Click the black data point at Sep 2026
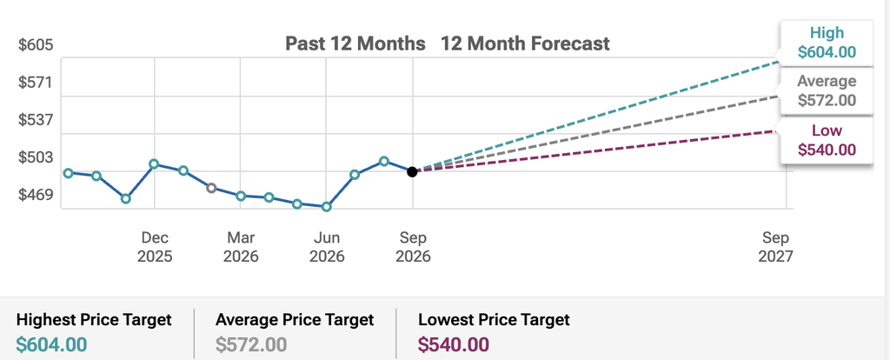413,171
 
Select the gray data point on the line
212,188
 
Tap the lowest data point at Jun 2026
327,207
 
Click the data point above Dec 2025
154,164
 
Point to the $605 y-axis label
36,45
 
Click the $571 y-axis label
36,83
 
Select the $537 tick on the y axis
36,120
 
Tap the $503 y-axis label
36,157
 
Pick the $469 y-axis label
36,195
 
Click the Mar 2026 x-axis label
241,246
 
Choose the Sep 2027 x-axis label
775,246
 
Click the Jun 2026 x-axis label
327,246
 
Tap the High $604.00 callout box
827,43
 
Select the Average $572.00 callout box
827,90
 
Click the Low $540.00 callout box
827,140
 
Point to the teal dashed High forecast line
595,116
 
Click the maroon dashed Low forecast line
595,151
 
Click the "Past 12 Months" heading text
355,43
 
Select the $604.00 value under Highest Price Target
51,344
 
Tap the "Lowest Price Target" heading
494,320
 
